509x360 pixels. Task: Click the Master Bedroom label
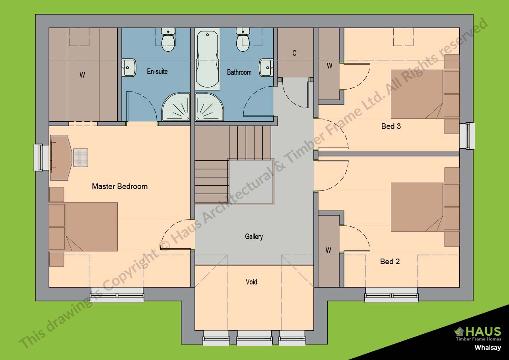pyautogui.click(x=120, y=186)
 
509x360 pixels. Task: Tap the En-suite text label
pyautogui.click(x=157, y=72)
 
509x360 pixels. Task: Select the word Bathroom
pyautogui.click(x=239, y=72)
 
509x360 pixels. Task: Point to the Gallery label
pyautogui.click(x=254, y=237)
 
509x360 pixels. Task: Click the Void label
pyautogui.click(x=251, y=282)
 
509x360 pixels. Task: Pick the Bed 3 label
pyautogui.click(x=391, y=126)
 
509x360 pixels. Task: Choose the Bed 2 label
pyautogui.click(x=390, y=261)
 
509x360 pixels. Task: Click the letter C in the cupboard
pyautogui.click(x=294, y=53)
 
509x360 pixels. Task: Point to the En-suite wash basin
pyautogui.click(x=129, y=67)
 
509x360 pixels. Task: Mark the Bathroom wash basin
pyautogui.click(x=266, y=67)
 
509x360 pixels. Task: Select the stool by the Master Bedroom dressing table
pyautogui.click(x=81, y=158)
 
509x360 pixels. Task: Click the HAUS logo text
pyautogui.click(x=482, y=331)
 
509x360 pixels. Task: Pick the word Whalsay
pyautogui.click(x=488, y=348)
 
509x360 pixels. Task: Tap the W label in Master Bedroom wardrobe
pyautogui.click(x=82, y=75)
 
